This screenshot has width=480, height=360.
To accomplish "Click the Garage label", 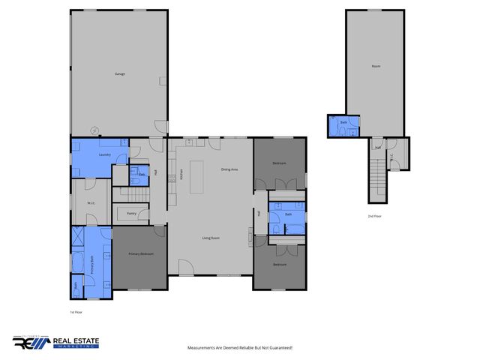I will click(x=119, y=73).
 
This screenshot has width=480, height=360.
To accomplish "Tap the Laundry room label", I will click(x=105, y=155).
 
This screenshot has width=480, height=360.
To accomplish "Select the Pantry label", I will click(x=131, y=214).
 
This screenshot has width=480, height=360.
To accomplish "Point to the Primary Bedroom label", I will click(x=141, y=254).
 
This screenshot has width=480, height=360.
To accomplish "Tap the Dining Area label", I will click(x=229, y=169).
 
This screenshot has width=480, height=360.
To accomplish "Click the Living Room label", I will click(x=211, y=238).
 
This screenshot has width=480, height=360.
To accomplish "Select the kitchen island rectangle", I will click(x=197, y=174).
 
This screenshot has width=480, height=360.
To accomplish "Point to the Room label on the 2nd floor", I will click(x=376, y=67).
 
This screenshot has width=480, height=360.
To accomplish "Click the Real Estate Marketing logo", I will click(x=55, y=343).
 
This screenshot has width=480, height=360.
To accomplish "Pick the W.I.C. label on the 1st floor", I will click(x=90, y=202).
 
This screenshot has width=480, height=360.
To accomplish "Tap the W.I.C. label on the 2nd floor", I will click(x=391, y=157).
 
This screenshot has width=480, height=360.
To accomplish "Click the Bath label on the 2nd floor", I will click(x=344, y=121).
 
